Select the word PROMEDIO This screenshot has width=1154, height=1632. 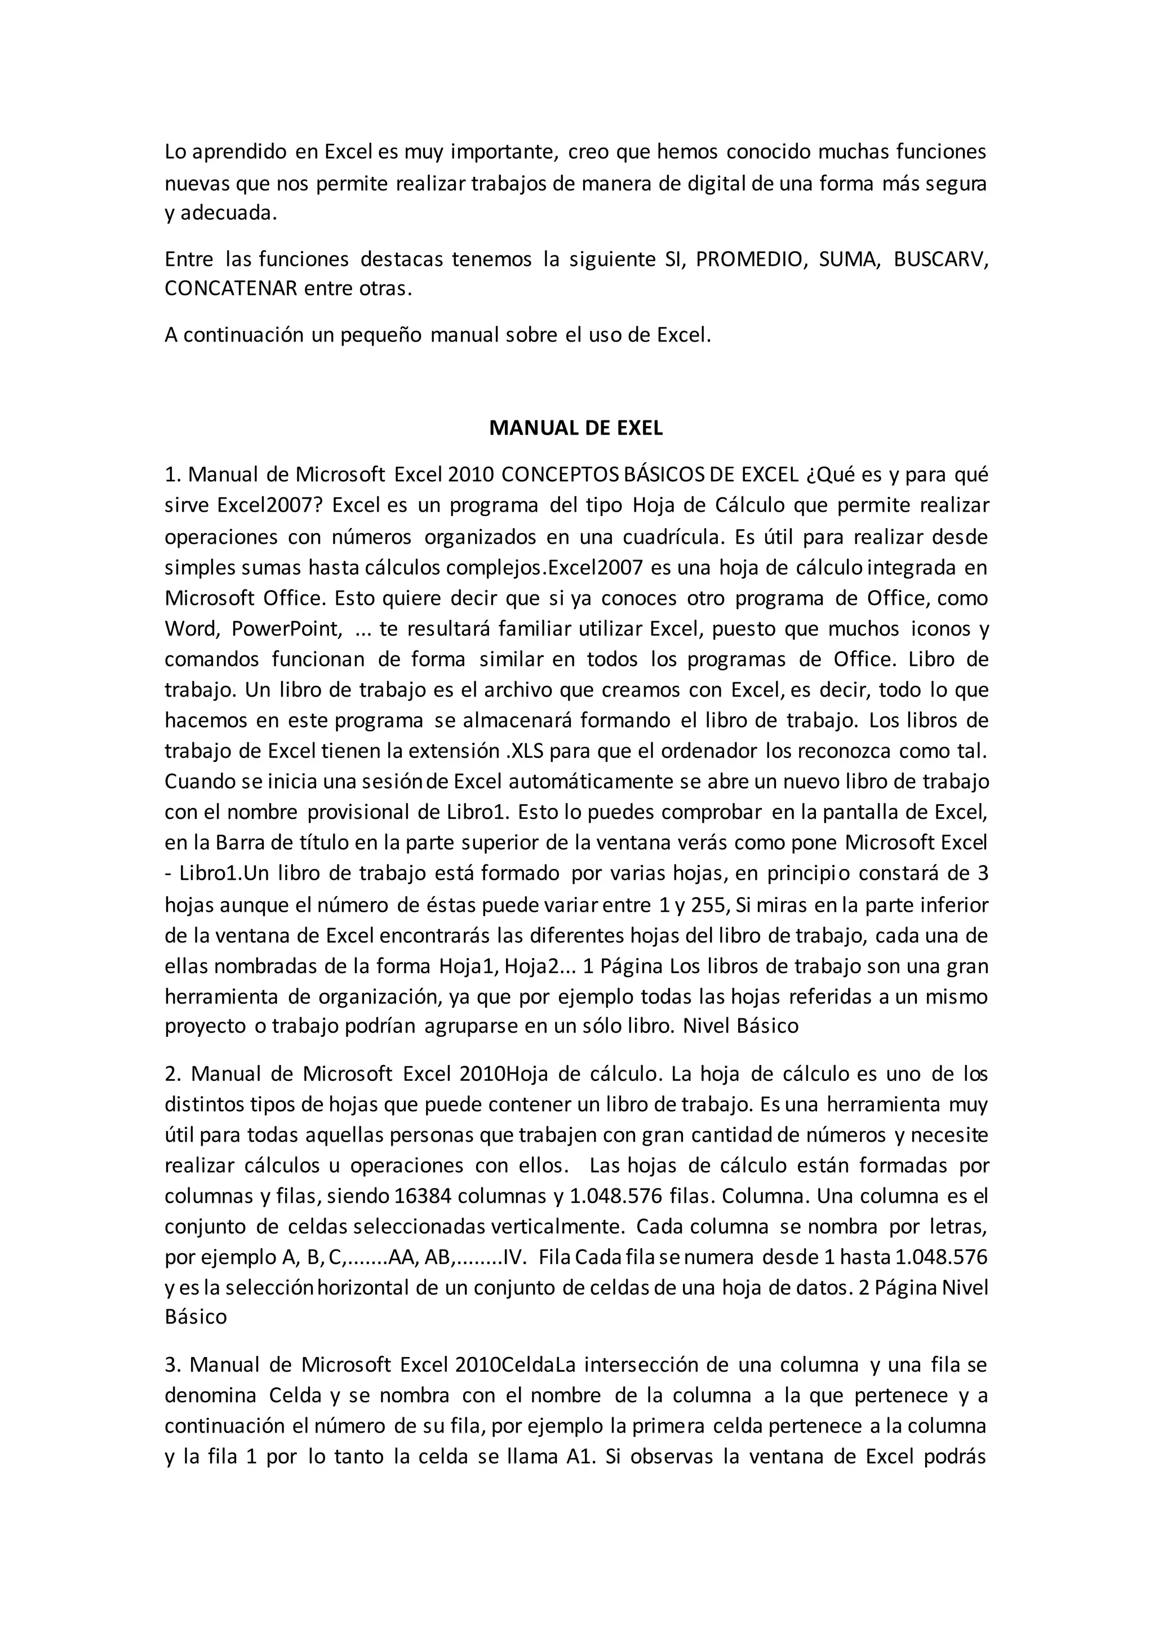point(752,259)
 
